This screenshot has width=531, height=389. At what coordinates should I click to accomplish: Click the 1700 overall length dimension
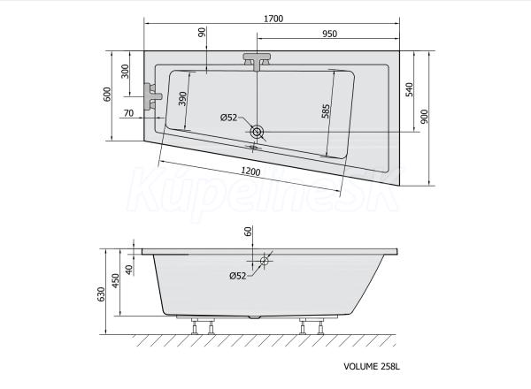(x=273, y=19)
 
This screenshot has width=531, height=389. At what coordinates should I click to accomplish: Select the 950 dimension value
(x=329, y=34)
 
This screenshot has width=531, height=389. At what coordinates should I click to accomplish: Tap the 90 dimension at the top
(x=202, y=33)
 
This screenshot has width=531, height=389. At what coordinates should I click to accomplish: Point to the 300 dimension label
(x=126, y=72)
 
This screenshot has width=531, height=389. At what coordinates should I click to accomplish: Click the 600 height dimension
(x=107, y=95)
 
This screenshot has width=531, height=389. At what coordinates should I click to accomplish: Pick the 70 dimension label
(x=128, y=113)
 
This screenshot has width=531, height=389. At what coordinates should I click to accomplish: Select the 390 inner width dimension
(x=182, y=99)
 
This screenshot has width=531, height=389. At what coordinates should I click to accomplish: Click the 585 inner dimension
(x=326, y=111)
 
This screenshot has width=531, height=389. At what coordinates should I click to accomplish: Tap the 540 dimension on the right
(x=410, y=89)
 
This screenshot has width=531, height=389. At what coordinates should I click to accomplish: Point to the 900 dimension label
(x=424, y=117)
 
